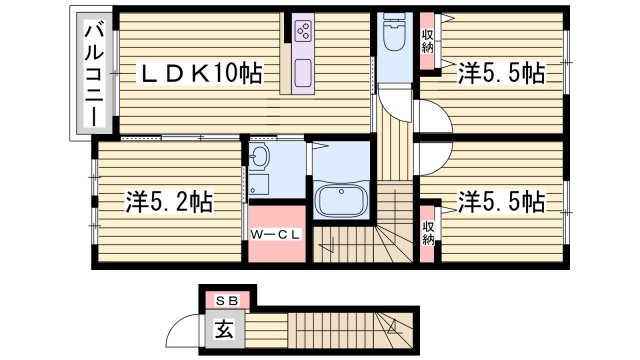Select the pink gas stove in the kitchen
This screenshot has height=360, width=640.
click(x=303, y=33)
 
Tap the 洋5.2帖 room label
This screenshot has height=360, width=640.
click(x=168, y=201)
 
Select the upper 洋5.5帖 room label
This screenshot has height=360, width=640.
click(x=501, y=72)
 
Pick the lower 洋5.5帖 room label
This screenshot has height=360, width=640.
click(x=501, y=201)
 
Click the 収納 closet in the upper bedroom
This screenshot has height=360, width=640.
click(x=428, y=42)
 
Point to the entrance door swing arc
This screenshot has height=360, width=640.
click(x=183, y=330)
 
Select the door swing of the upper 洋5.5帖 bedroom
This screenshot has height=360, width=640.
click(x=436, y=116)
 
